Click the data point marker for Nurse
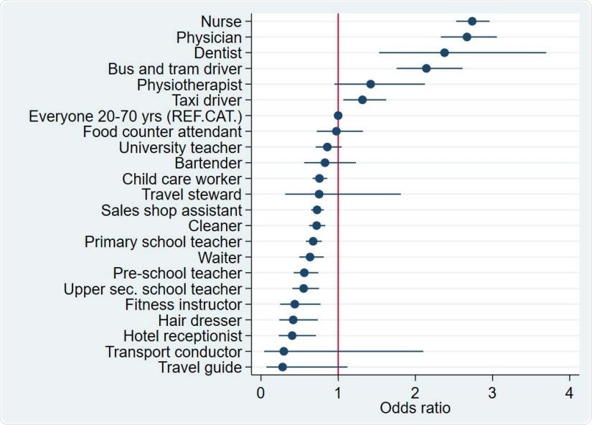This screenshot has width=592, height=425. [471, 22]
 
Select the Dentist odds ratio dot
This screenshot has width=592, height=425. [444, 52]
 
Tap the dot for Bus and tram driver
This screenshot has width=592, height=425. [426, 68]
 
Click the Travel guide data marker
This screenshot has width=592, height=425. [283, 367]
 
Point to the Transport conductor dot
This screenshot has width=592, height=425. [283, 351]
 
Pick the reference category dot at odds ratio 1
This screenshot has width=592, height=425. [338, 116]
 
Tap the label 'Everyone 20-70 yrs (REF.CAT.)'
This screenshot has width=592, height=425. [135, 116]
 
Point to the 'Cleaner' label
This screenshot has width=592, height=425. [215, 226]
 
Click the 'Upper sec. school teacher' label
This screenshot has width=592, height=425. [153, 289]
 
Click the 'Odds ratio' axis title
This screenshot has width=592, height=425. [415, 409]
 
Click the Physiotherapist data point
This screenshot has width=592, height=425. [370, 84]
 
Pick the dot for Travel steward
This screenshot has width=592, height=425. [319, 194]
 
